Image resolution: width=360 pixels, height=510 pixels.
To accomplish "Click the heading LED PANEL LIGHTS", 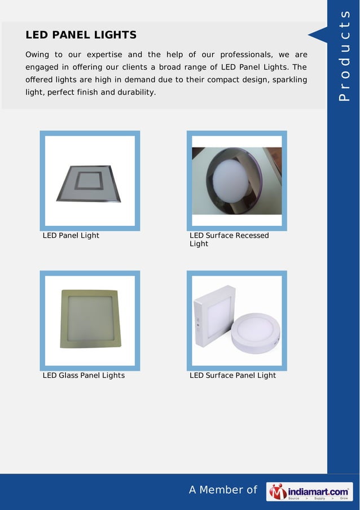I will click(x=81, y=36).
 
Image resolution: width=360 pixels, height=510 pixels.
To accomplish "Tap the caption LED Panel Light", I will click(x=71, y=236).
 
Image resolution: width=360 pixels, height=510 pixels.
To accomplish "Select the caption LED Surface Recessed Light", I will click(x=229, y=239).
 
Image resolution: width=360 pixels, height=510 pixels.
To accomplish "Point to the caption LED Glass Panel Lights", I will click(x=84, y=375).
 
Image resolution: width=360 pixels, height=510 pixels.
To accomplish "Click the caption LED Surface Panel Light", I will click(x=232, y=375).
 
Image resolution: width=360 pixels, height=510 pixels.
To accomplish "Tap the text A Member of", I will click(x=223, y=490).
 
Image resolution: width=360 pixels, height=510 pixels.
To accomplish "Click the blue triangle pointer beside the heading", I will click(x=317, y=36).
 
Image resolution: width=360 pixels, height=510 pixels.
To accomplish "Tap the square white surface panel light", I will click(x=215, y=317).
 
